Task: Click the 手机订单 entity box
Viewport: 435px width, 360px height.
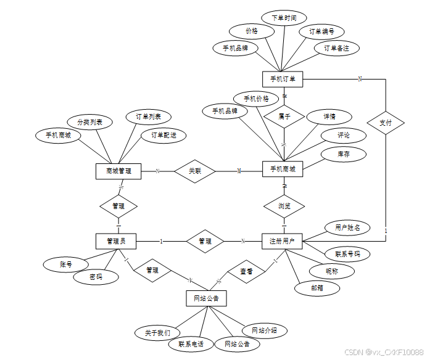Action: click(x=283, y=79)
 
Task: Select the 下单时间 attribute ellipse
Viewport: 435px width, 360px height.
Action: click(x=283, y=18)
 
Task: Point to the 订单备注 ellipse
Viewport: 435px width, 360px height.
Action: click(x=336, y=47)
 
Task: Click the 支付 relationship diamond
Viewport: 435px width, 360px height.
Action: click(x=386, y=123)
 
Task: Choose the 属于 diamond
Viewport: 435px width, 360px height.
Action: click(x=284, y=115)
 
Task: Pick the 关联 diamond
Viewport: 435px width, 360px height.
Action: click(x=194, y=171)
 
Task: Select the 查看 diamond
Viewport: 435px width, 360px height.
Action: click(x=246, y=271)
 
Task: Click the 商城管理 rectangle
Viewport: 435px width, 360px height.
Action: click(x=119, y=171)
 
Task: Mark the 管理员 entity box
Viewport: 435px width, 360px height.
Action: click(x=116, y=241)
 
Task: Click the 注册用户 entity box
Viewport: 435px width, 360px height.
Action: click(x=283, y=241)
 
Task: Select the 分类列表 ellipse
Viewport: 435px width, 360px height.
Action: click(x=89, y=122)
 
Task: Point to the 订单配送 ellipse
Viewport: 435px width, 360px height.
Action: click(x=164, y=134)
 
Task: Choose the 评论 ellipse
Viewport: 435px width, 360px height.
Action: click(x=343, y=135)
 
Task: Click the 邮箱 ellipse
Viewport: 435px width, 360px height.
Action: click(x=316, y=287)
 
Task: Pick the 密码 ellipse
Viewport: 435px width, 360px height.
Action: click(x=96, y=277)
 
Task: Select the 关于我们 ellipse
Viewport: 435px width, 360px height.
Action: click(x=158, y=332)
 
